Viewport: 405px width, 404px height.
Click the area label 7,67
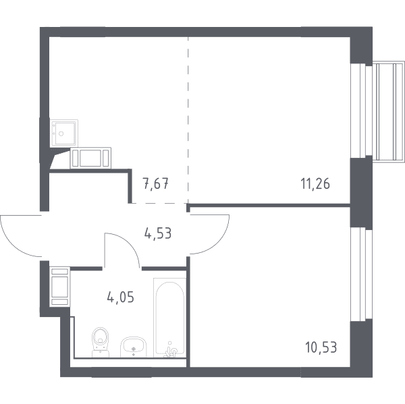click(156, 184)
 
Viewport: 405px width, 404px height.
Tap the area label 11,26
click(315, 184)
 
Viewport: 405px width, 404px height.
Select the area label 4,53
click(158, 233)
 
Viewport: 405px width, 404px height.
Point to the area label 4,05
click(120, 297)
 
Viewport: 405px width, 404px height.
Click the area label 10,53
click(321, 347)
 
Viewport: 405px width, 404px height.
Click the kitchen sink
click(64, 133)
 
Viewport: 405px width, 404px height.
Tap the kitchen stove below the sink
click(90, 158)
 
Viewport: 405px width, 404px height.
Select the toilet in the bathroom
click(101, 342)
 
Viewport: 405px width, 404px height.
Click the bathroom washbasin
click(133, 347)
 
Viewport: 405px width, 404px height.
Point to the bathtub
click(169, 318)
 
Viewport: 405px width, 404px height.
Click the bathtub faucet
click(171, 351)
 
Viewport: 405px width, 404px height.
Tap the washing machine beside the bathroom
click(60, 287)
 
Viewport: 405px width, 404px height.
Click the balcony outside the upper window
click(388, 111)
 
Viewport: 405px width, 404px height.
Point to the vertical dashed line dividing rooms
click(188, 120)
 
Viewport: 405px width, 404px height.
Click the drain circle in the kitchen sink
click(61, 134)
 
